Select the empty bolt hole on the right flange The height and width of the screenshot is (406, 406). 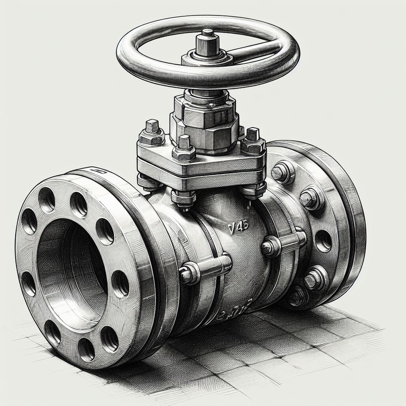pos(323,240)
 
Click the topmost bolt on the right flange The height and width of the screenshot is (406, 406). pos(283,171)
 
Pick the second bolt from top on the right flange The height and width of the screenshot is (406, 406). pos(311,198)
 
